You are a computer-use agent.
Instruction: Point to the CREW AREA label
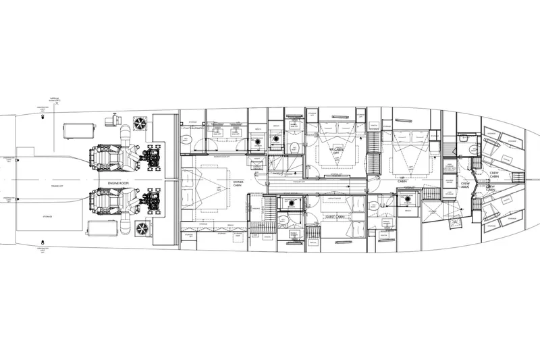pyautogui.click(x=464, y=184)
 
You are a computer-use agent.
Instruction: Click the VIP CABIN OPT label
pyautogui.click(x=333, y=151)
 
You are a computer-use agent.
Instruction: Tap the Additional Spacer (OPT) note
pyautogui.click(x=55, y=99)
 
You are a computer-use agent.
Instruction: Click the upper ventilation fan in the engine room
pyautogui.click(x=140, y=124)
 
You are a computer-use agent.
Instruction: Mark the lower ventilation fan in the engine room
pyautogui.click(x=142, y=230)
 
